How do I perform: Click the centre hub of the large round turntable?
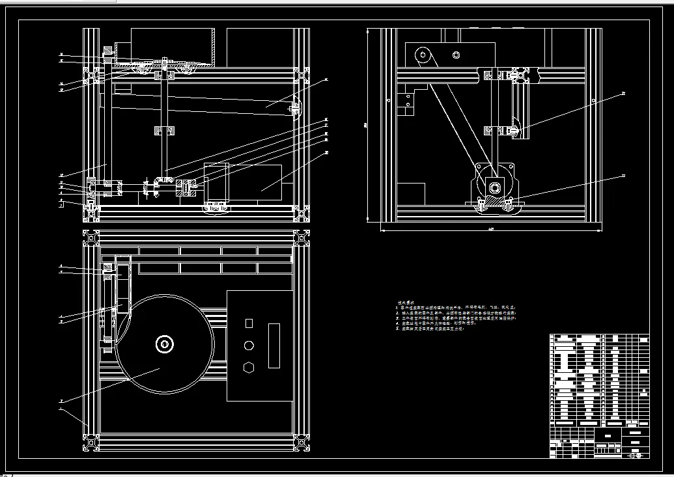164,344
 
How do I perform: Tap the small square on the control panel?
248,323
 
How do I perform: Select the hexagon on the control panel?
248,367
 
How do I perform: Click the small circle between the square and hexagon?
248,345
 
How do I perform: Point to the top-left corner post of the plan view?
91,237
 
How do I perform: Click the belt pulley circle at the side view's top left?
425,56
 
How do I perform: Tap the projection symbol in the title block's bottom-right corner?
636,455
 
